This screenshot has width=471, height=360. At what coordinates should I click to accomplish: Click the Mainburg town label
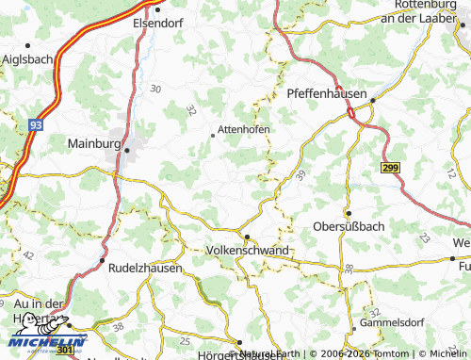click(x=95, y=144)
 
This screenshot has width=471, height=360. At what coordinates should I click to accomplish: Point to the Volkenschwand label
click(x=247, y=251)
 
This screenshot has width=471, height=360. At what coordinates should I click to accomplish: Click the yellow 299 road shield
click(x=391, y=167)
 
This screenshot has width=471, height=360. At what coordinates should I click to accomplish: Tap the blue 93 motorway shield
click(x=37, y=123)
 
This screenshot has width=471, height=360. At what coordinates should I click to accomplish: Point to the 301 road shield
click(x=65, y=351)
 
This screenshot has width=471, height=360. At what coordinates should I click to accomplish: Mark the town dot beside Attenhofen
click(x=212, y=135)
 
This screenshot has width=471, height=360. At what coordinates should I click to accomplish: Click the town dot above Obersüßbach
click(x=348, y=213)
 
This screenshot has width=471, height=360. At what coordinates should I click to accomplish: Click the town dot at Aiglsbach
click(x=29, y=43)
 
